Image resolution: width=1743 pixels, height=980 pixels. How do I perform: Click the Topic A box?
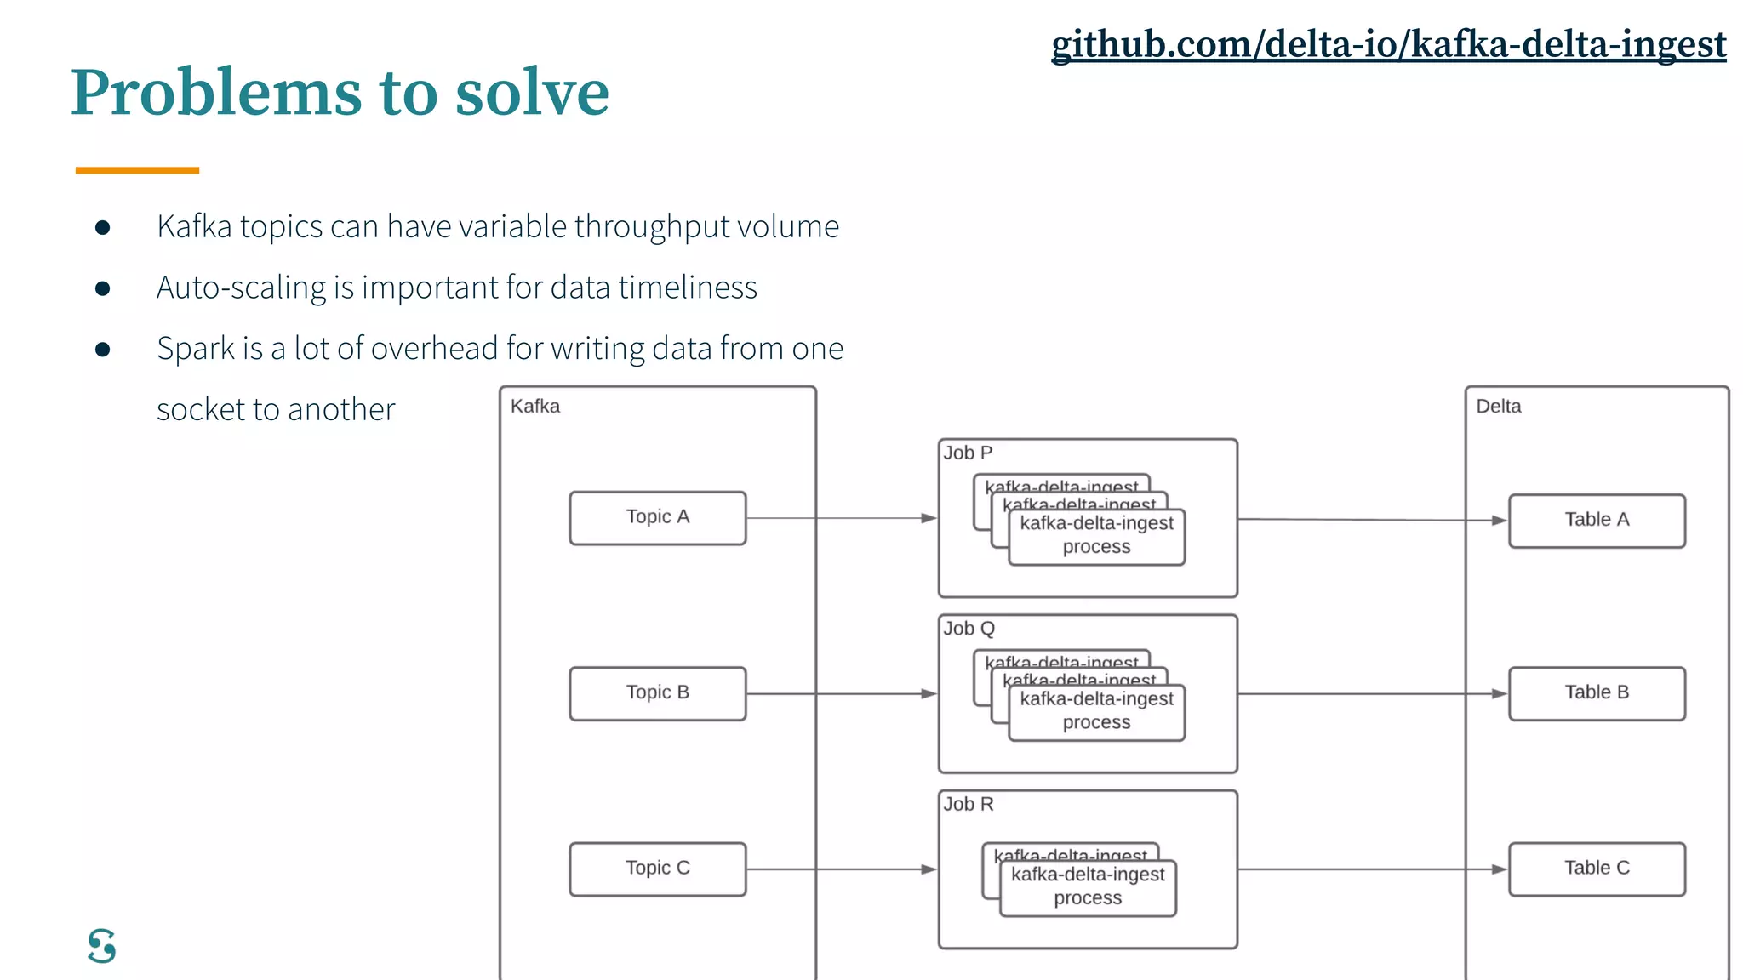click(x=657, y=517)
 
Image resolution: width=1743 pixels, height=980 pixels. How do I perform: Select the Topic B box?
click(x=657, y=692)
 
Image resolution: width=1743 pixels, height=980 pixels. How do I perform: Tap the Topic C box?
click(x=657, y=869)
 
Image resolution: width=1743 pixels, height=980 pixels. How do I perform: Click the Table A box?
click(x=1597, y=520)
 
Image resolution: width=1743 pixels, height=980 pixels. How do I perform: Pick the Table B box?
click(x=1597, y=692)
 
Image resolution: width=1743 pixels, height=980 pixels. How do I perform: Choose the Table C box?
click(x=1597, y=869)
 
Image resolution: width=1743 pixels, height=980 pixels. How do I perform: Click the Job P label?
click(x=968, y=453)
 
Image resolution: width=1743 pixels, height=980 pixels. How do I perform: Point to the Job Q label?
click(x=969, y=629)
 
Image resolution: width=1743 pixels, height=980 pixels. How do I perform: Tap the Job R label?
click(x=968, y=805)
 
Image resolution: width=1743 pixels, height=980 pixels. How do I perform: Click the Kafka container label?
click(x=535, y=407)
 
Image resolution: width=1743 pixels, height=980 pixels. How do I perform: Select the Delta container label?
click(x=1498, y=407)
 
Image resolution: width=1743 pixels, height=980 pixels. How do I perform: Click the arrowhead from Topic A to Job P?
click(x=929, y=518)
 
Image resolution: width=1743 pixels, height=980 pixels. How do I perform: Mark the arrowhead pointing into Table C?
click(x=1499, y=869)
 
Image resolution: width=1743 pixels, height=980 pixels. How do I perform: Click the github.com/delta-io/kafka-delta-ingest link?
click(x=1388, y=44)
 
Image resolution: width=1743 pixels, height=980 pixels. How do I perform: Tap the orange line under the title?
click(x=137, y=170)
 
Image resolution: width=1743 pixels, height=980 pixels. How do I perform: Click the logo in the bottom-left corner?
click(x=102, y=946)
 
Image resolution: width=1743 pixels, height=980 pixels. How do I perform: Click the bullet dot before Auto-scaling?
click(x=103, y=288)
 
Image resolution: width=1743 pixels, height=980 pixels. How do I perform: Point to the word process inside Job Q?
click(x=1096, y=722)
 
